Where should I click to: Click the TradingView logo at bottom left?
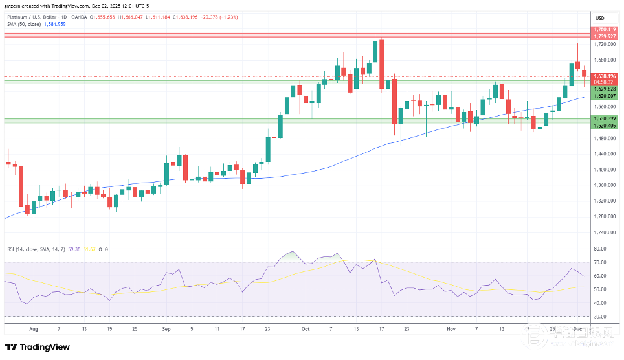pos(38,347)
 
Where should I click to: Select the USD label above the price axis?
pos(599,17)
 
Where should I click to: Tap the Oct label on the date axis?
pos(305,328)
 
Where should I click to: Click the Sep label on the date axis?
pos(165,328)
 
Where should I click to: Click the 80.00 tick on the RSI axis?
pos(599,249)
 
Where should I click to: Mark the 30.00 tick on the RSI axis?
pos(599,317)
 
